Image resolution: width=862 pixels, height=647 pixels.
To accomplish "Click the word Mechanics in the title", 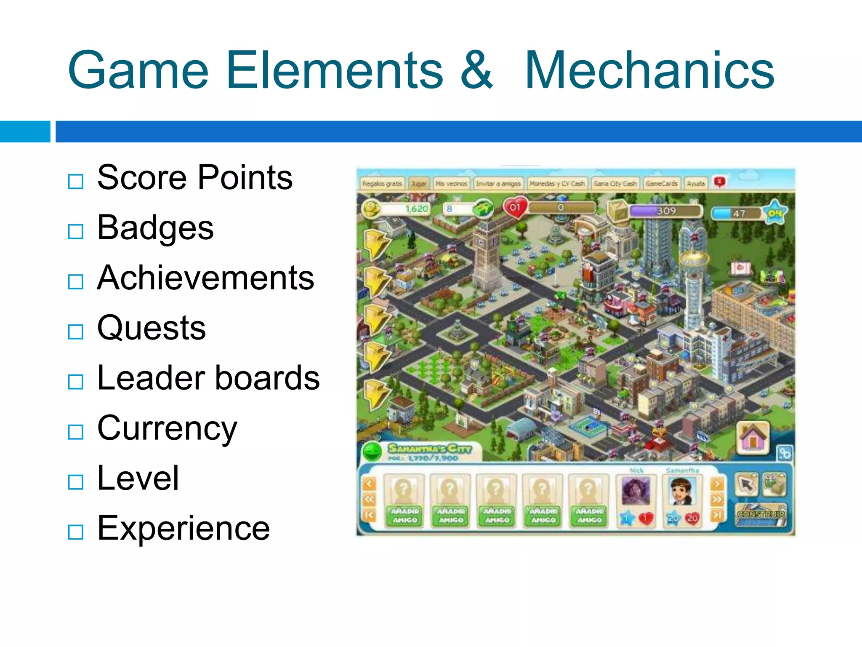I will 649,70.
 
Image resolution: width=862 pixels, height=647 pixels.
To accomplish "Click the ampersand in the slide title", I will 476,70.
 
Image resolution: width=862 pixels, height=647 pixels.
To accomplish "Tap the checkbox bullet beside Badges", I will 76,231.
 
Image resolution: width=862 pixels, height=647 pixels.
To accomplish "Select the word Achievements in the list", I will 205,278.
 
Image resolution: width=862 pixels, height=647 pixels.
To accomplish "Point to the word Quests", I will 152,328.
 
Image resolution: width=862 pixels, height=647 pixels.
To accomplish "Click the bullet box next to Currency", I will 76,432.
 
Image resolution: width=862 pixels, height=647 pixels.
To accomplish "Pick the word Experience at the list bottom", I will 184,528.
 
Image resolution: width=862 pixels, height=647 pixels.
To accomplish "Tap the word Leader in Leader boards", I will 151,378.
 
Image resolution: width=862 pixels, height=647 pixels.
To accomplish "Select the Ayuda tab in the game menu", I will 695,184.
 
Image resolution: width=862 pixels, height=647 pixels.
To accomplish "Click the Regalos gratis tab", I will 382,184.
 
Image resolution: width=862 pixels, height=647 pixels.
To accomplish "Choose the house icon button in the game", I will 753,438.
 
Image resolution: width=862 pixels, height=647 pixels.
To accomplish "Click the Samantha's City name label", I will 429,448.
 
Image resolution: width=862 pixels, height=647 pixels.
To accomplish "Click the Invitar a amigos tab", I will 498,184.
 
